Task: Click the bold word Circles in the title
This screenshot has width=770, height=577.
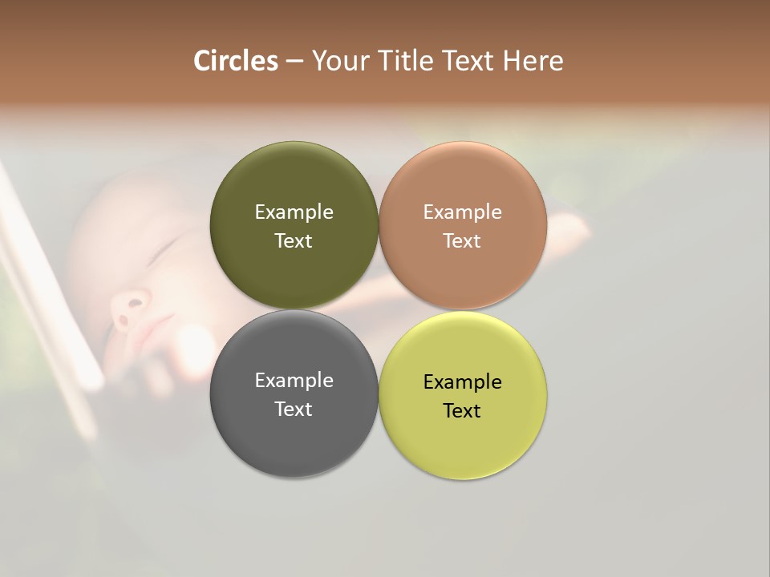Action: (x=235, y=61)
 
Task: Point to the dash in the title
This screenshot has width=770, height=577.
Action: (x=294, y=62)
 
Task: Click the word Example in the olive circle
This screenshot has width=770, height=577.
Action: (x=294, y=212)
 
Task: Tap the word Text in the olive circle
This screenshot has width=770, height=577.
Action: (x=294, y=241)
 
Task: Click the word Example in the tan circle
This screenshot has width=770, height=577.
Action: (x=462, y=212)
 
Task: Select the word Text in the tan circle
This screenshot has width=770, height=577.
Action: (x=462, y=241)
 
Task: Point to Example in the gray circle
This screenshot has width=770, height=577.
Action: (x=294, y=381)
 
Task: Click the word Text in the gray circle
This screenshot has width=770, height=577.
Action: (x=294, y=410)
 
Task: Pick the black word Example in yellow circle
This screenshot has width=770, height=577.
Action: (x=462, y=382)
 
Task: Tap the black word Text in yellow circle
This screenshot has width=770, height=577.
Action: (x=462, y=411)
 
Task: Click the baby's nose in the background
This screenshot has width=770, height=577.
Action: (x=128, y=309)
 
